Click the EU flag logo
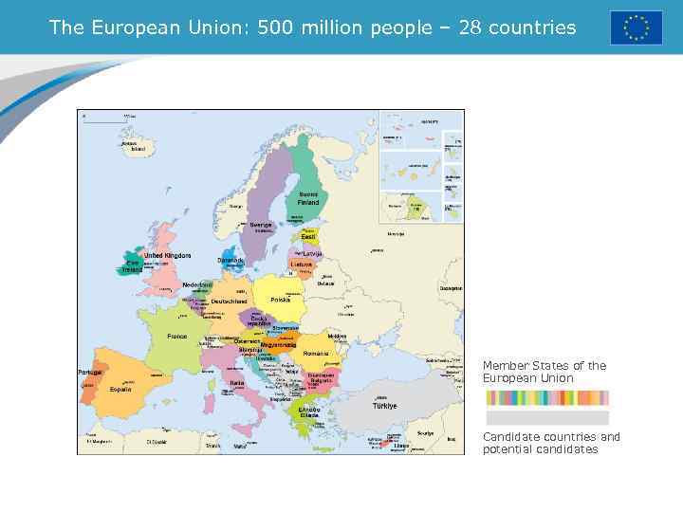pos(636,27)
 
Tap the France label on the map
pos(177,337)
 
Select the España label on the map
pos(120,390)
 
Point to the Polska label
pos(281,300)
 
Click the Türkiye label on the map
pos(384,405)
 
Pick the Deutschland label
pos(230,302)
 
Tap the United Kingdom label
pos(167,256)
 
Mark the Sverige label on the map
pos(261,226)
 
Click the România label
pos(316,354)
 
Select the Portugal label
pos(89,373)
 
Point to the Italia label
pos(237,384)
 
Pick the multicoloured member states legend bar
pos(547,398)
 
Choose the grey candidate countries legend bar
pos(547,418)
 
